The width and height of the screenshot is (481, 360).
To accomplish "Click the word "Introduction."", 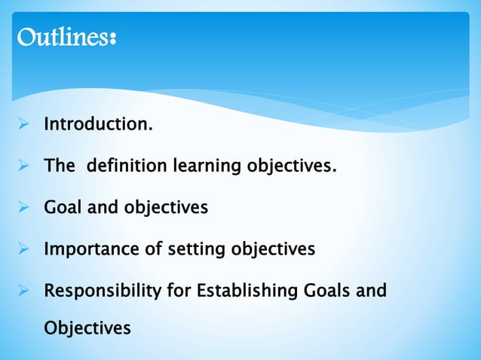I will (x=98, y=124).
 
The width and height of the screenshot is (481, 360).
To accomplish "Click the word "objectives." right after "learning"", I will (x=290, y=165).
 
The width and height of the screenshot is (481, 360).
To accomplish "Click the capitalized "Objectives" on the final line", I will (x=87, y=328).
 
